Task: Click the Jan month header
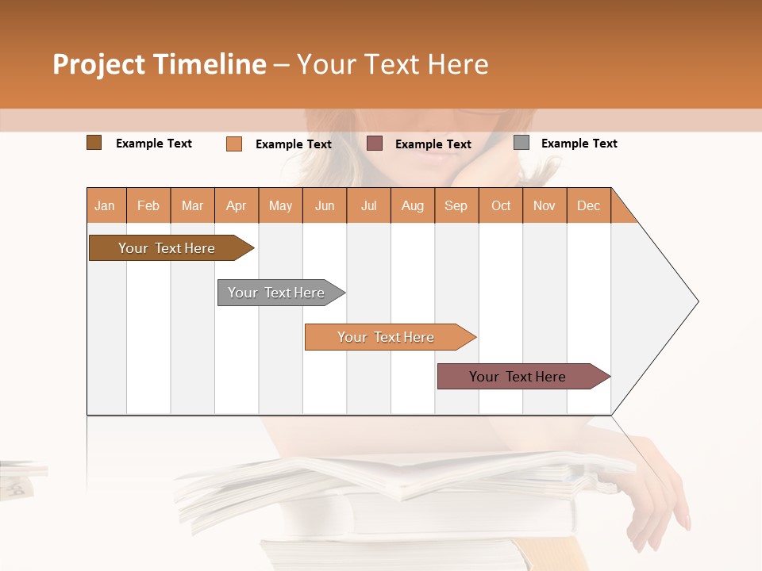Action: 106,205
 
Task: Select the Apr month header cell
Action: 237,205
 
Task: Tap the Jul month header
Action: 368,205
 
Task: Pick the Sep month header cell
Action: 456,205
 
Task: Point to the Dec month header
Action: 588,205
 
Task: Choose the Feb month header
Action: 148,205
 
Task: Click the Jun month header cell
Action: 325,205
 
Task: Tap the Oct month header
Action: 501,205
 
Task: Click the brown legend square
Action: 94,143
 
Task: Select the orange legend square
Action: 234,144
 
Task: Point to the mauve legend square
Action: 375,144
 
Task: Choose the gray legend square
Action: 521,143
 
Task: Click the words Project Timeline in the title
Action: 160,64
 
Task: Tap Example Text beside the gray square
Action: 579,144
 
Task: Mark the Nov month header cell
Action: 545,205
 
